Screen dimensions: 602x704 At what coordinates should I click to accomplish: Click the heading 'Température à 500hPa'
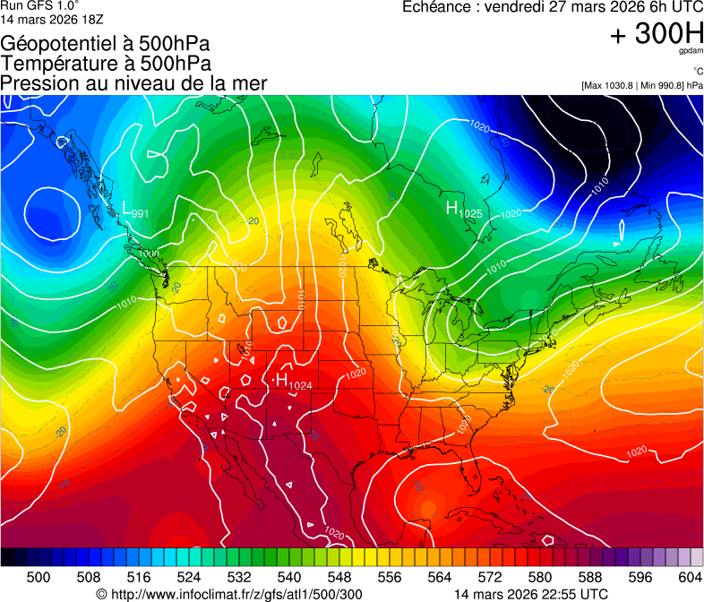coord(106,63)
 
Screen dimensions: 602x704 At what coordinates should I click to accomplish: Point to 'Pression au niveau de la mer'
coord(133,83)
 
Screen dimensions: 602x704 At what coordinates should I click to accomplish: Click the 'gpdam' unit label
coord(691,52)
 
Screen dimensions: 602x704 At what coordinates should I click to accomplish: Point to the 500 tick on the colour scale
coord(39,578)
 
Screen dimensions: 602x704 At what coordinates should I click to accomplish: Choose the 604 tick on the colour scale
coord(691,578)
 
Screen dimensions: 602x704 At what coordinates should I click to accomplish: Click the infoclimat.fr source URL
coord(228,594)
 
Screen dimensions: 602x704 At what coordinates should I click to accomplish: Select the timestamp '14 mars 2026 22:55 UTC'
coord(531,594)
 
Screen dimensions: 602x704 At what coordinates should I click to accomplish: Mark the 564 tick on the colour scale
coord(440,578)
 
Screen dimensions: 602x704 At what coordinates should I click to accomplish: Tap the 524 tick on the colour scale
coord(189,578)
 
